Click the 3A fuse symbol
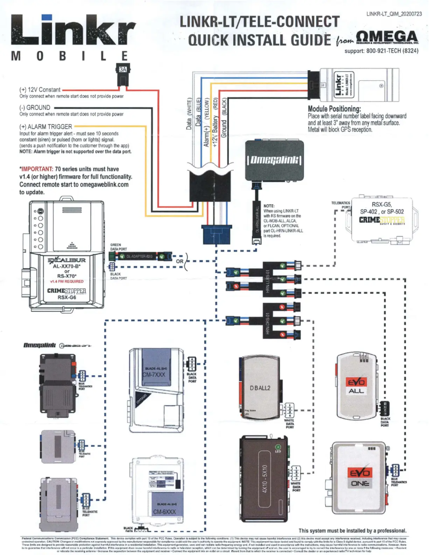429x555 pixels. point(122,72)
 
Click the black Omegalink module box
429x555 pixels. point(275,159)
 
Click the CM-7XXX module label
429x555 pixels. point(155,376)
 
